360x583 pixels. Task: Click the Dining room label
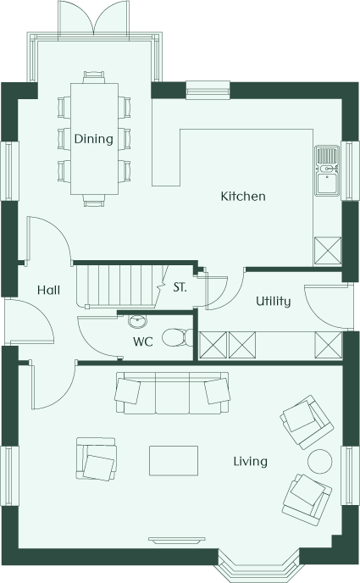click(94, 139)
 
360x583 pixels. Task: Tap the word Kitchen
click(243, 197)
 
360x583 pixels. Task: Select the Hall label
click(48, 290)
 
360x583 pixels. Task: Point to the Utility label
click(274, 301)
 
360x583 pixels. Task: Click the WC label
click(143, 341)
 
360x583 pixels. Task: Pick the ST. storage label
click(180, 287)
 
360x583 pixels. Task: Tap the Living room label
click(251, 462)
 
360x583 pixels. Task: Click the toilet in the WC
click(178, 337)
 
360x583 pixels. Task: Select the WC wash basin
click(137, 321)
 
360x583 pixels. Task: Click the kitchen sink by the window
click(327, 170)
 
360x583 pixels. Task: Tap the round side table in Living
click(320, 462)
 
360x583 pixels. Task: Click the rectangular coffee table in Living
click(174, 461)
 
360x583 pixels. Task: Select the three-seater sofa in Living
click(173, 392)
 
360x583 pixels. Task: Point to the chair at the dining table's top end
click(94, 77)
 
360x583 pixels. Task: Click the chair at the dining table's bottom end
click(94, 200)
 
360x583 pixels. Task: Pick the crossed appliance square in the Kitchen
click(328, 251)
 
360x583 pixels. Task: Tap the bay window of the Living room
click(258, 564)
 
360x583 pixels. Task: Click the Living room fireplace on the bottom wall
click(177, 541)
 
